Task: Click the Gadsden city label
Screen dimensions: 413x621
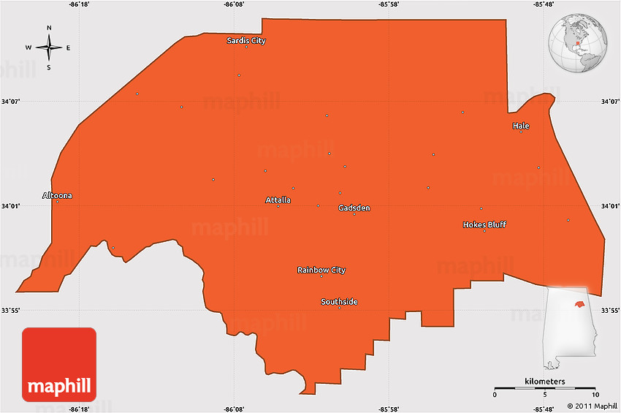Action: tap(354, 208)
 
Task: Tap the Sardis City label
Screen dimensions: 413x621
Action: tap(246, 41)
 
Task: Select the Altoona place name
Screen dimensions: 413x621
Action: tap(58, 195)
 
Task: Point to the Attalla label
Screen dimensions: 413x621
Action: tap(278, 200)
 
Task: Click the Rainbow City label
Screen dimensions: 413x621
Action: tap(321, 270)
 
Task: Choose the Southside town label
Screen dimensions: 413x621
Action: tap(340, 302)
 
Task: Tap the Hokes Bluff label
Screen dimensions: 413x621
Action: tap(484, 224)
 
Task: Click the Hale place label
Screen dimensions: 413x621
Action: tap(521, 126)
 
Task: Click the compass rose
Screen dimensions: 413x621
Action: tap(49, 48)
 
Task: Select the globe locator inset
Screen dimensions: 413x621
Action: tap(579, 44)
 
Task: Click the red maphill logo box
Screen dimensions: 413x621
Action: tap(59, 364)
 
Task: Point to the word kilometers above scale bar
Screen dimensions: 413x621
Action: tap(544, 382)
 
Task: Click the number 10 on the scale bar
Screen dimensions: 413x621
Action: tap(595, 395)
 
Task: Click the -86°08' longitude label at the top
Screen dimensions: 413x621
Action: tap(235, 4)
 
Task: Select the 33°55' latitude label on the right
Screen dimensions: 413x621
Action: tap(609, 311)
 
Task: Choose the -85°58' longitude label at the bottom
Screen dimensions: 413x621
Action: tap(389, 409)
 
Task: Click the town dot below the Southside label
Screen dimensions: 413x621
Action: tap(340, 308)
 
